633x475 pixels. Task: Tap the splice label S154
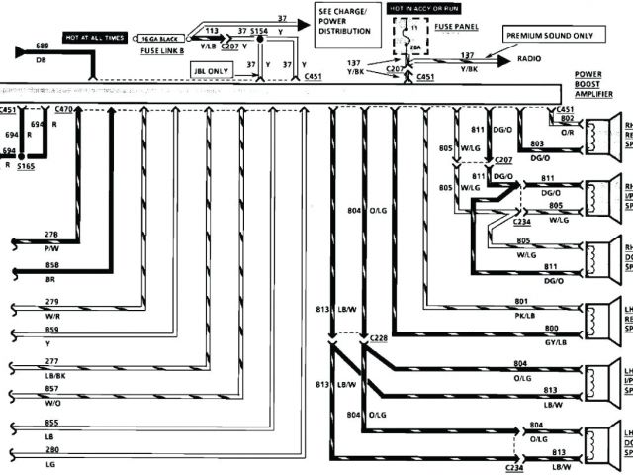(259, 32)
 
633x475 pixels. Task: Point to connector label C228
(376, 339)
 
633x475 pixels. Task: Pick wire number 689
(42, 47)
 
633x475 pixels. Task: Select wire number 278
(51, 233)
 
